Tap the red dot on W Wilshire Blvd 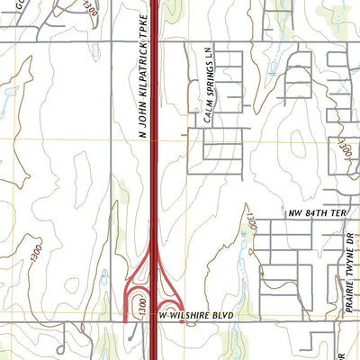(184, 322)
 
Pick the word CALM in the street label (206, 113)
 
